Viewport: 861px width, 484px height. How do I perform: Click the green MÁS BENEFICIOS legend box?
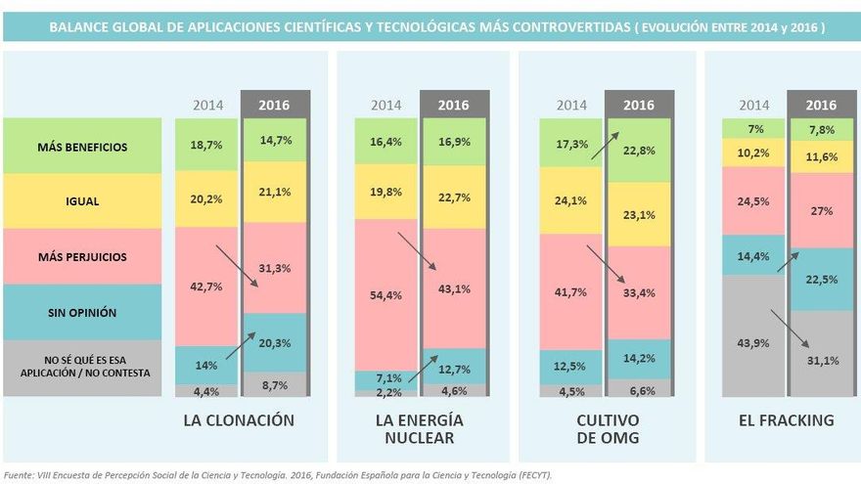82,147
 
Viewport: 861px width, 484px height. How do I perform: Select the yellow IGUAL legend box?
82,201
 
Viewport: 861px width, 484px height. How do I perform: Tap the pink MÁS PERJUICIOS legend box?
82,257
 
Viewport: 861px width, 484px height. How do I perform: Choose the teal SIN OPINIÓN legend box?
82,313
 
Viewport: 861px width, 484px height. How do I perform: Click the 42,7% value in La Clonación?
207,286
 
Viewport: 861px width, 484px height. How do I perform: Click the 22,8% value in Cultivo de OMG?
638,150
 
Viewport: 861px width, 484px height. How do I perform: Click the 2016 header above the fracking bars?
821,105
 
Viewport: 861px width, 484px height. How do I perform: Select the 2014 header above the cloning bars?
207,105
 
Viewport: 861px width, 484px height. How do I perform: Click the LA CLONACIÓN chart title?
239,420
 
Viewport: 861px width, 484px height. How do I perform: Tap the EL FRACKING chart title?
787,420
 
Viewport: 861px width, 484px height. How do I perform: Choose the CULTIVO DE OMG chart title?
607,429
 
